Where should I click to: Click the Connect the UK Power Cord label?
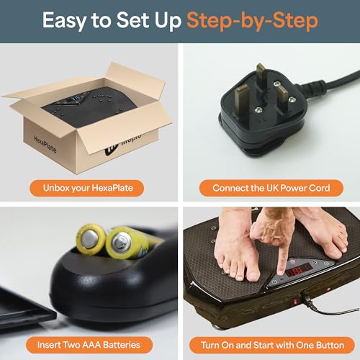271,188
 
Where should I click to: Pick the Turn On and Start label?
271,344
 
